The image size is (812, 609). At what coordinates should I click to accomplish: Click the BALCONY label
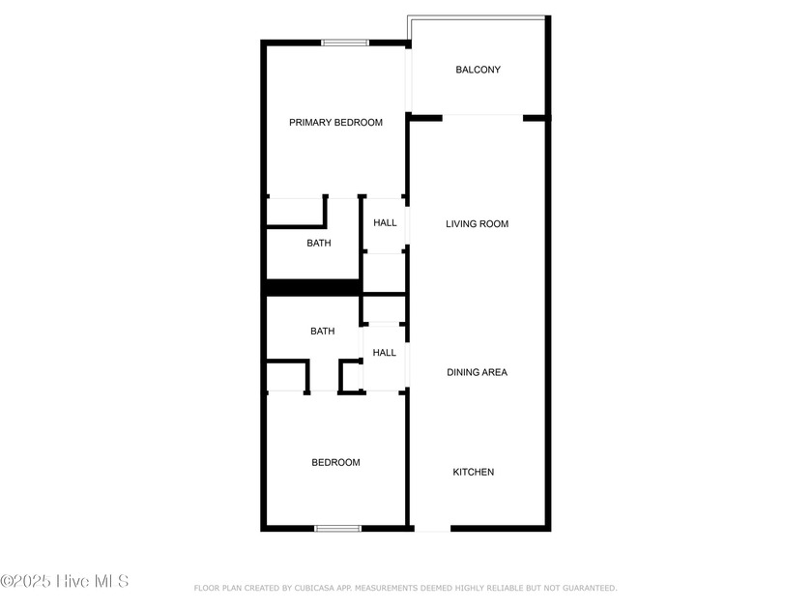[x=478, y=70]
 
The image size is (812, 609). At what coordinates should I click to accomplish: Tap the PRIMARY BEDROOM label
[x=335, y=123]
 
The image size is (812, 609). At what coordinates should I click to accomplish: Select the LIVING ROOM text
[x=477, y=224]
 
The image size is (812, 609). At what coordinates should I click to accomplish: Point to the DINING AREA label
[x=477, y=372]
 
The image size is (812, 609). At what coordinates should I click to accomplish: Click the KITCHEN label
[x=474, y=472]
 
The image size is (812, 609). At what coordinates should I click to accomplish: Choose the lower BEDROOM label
[x=335, y=462]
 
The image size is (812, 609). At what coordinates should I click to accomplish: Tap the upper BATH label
[x=319, y=244]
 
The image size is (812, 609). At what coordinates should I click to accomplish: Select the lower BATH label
[x=323, y=332]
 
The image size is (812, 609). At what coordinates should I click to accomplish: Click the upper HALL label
[x=385, y=223]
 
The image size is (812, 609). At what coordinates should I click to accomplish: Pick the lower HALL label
[x=384, y=353]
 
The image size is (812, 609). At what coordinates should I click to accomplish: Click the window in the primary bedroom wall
[x=345, y=42]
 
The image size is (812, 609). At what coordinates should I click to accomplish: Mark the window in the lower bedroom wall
[x=338, y=528]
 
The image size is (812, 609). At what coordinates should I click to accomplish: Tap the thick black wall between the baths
[x=312, y=287]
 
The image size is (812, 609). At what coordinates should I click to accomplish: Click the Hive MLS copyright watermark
[x=65, y=581]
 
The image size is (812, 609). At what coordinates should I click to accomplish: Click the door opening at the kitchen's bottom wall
[x=431, y=529]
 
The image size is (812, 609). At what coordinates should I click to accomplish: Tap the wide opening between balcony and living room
[x=482, y=117]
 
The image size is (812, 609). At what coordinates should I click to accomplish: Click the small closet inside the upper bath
[x=295, y=212]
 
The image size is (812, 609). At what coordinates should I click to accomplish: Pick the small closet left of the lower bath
[x=286, y=376]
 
